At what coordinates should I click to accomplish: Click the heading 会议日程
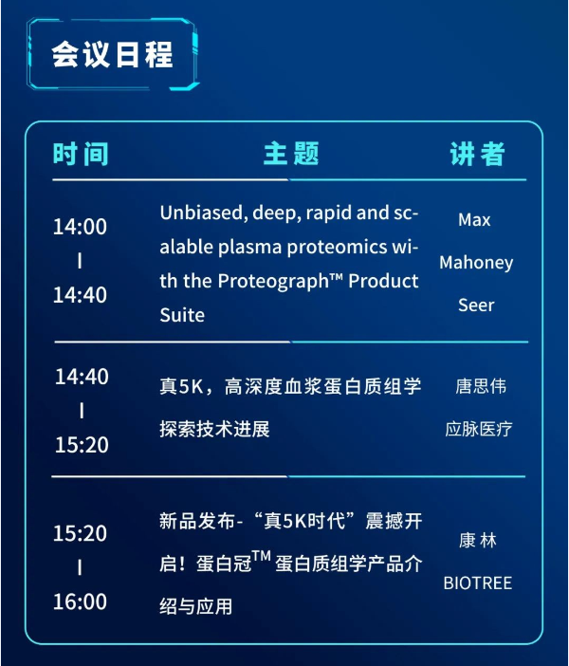click(113, 54)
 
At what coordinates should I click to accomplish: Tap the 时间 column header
click(81, 154)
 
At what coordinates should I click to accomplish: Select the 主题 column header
click(291, 154)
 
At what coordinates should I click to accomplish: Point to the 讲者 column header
click(477, 154)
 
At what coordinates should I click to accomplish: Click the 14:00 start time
click(80, 227)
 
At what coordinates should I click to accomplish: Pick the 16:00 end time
click(80, 601)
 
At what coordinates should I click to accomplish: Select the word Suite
click(182, 315)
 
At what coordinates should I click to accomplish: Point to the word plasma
click(250, 248)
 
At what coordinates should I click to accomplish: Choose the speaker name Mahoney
click(476, 263)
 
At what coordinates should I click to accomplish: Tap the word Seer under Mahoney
click(476, 305)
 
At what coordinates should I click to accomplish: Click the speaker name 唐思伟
click(481, 386)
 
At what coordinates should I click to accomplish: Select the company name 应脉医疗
click(479, 429)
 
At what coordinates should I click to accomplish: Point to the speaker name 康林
click(478, 541)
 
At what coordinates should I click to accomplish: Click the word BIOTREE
click(478, 583)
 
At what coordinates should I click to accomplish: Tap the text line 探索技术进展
click(215, 429)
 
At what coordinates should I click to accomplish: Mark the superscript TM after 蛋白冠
click(261, 556)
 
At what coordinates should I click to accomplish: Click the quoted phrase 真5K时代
click(304, 521)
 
